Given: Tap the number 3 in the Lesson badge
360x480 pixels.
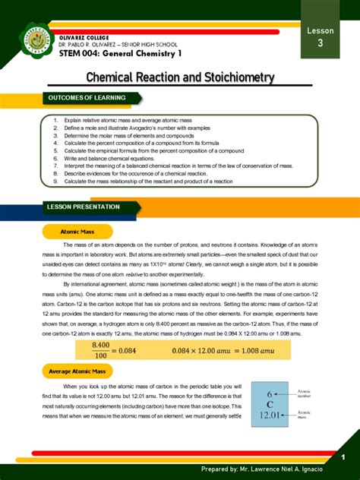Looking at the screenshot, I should pyautogui.click(x=320, y=45).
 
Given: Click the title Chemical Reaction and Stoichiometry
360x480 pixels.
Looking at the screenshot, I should pyautogui.click(x=180, y=78).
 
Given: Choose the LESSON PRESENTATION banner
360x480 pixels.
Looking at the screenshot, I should pyautogui.click(x=84, y=207).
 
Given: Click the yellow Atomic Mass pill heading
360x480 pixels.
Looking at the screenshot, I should pyautogui.click(x=77, y=232).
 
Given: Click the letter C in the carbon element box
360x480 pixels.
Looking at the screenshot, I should pyautogui.click(x=270, y=404).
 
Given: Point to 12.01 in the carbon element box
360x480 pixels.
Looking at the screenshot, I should pyautogui.click(x=270, y=415).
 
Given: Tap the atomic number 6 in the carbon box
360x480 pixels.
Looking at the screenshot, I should pyautogui.click(x=270, y=393).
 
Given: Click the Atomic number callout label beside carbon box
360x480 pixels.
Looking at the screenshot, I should pyautogui.click(x=305, y=393).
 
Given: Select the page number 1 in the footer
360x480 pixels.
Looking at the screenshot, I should pyautogui.click(x=343, y=456).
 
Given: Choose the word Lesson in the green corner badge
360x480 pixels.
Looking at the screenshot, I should pyautogui.click(x=320, y=30).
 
